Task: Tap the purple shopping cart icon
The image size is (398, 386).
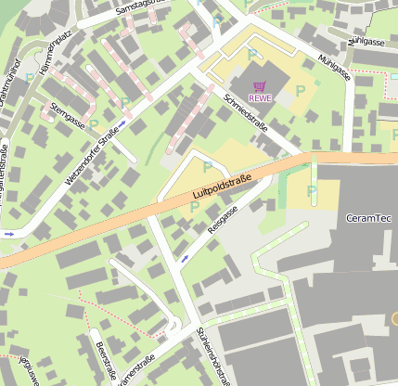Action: (259, 84)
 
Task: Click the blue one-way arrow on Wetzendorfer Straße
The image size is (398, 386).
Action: (122, 122)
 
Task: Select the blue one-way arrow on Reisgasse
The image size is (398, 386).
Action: (184, 258)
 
